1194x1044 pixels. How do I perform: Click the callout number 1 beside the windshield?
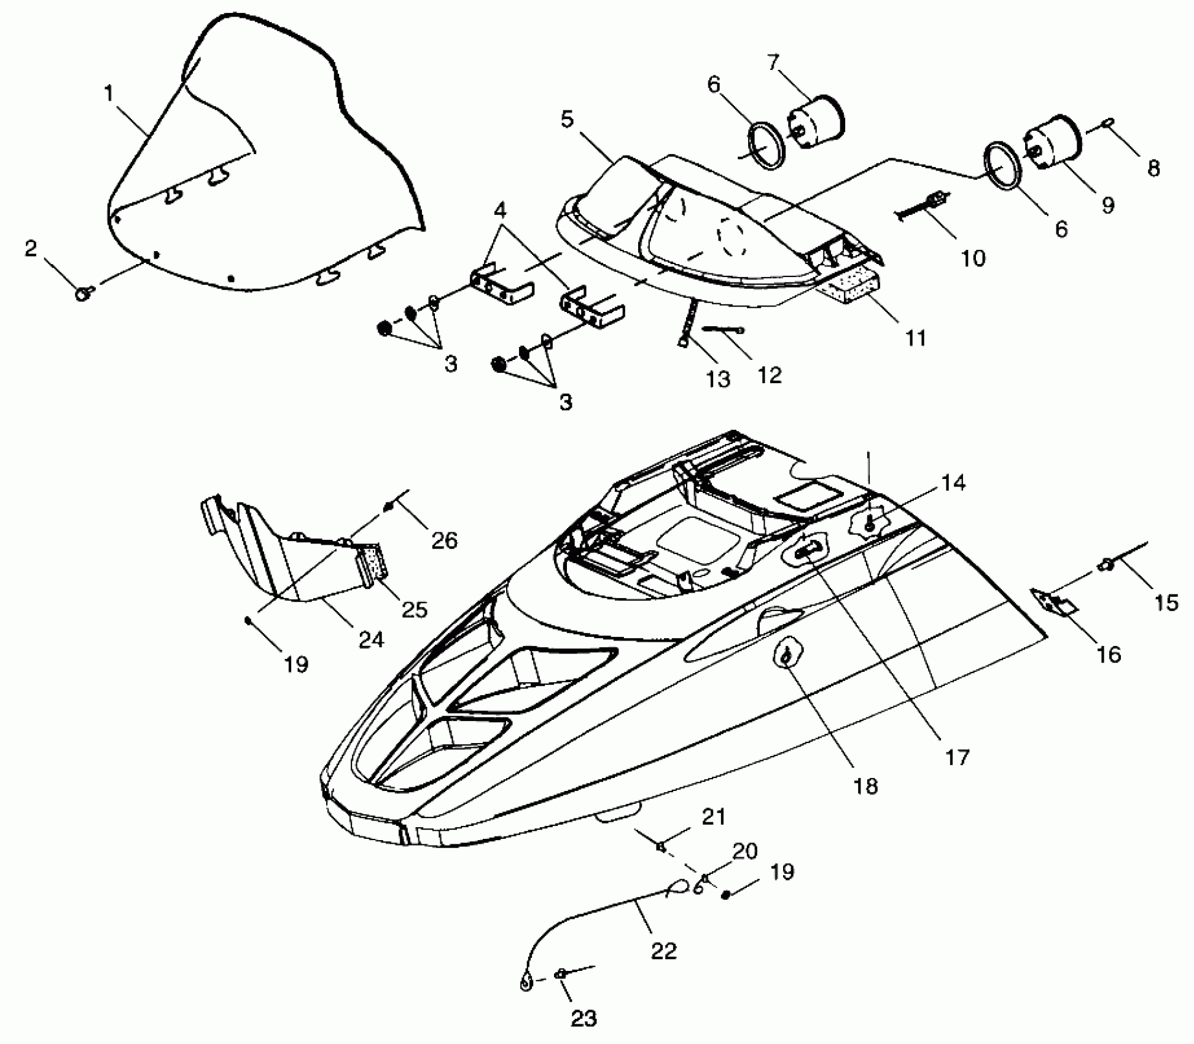[109, 94]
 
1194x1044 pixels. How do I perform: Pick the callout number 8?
[1153, 168]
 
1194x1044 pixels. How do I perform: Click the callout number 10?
[972, 259]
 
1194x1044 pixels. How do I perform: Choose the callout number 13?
[717, 379]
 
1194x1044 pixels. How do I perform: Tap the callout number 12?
[770, 375]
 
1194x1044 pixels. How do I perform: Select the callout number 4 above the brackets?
[501, 211]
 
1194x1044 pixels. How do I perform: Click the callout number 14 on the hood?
[953, 483]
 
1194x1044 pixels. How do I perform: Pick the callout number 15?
[1166, 602]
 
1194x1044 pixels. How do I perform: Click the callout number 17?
[957, 758]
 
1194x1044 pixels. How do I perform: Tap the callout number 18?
[865, 785]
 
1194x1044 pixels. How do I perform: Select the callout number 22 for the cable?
[663, 951]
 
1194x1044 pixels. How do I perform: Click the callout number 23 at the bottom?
[583, 1019]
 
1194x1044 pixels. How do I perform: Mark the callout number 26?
[445, 540]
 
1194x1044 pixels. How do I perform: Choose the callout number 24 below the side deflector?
[371, 640]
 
